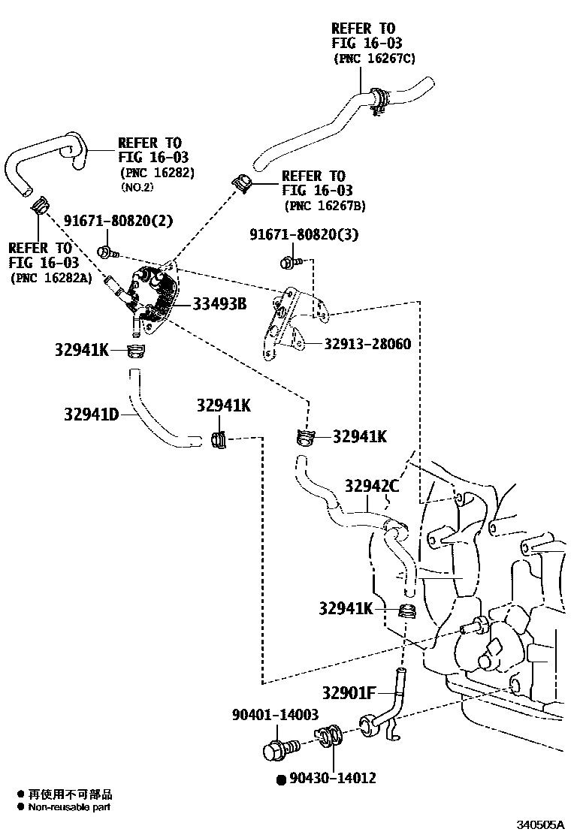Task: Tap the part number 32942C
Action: (x=372, y=487)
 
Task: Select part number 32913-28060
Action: (x=367, y=344)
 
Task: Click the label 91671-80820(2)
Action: (x=118, y=221)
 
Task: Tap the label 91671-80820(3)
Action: (x=304, y=235)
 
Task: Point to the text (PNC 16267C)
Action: (x=374, y=58)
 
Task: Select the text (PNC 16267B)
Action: (x=325, y=206)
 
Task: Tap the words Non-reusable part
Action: (x=69, y=807)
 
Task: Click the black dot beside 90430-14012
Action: (x=281, y=779)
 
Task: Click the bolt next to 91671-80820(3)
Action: (x=290, y=262)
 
